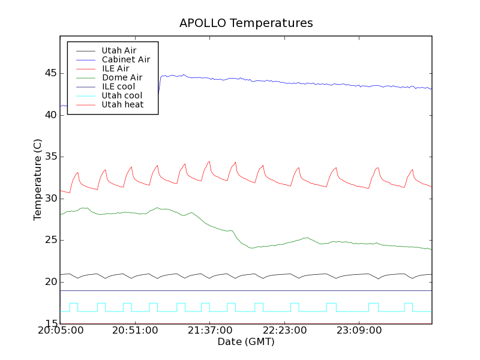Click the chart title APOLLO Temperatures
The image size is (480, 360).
(246, 23)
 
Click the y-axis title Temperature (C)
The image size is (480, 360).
(38, 180)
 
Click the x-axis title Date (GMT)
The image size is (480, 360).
(246, 341)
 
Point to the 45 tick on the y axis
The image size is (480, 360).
(49, 73)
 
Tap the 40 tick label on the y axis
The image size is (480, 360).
(49, 115)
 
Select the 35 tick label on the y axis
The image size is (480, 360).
(49, 157)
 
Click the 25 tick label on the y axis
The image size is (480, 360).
(49, 240)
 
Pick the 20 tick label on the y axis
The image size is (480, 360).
(49, 282)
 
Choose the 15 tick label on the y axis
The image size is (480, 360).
(49, 324)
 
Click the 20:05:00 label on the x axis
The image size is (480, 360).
(60, 331)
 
